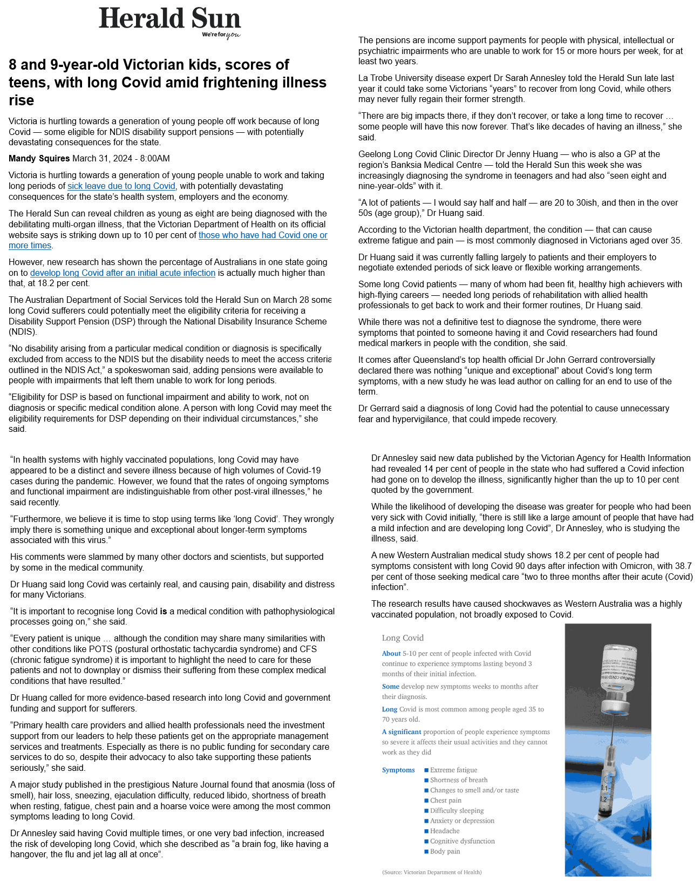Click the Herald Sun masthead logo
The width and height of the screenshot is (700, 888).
(169, 19)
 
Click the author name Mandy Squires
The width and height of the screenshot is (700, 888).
(39, 158)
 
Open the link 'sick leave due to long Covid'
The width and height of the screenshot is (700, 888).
(121, 186)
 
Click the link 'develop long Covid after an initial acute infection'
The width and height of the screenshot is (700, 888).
(123, 273)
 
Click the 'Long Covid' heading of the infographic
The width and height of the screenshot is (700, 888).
(403, 638)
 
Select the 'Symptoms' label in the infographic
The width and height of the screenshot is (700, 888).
(398, 770)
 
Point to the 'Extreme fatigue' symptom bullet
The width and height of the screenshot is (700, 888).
(453, 770)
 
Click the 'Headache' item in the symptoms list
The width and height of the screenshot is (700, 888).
(445, 831)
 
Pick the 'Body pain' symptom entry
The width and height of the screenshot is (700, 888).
(445, 851)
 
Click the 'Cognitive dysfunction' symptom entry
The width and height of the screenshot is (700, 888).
(462, 841)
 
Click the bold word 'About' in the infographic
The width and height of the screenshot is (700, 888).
(391, 653)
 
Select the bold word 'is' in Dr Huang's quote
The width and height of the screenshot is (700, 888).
(163, 611)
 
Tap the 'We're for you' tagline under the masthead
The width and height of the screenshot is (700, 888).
(221, 35)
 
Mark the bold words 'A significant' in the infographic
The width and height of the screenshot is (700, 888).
(402, 732)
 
